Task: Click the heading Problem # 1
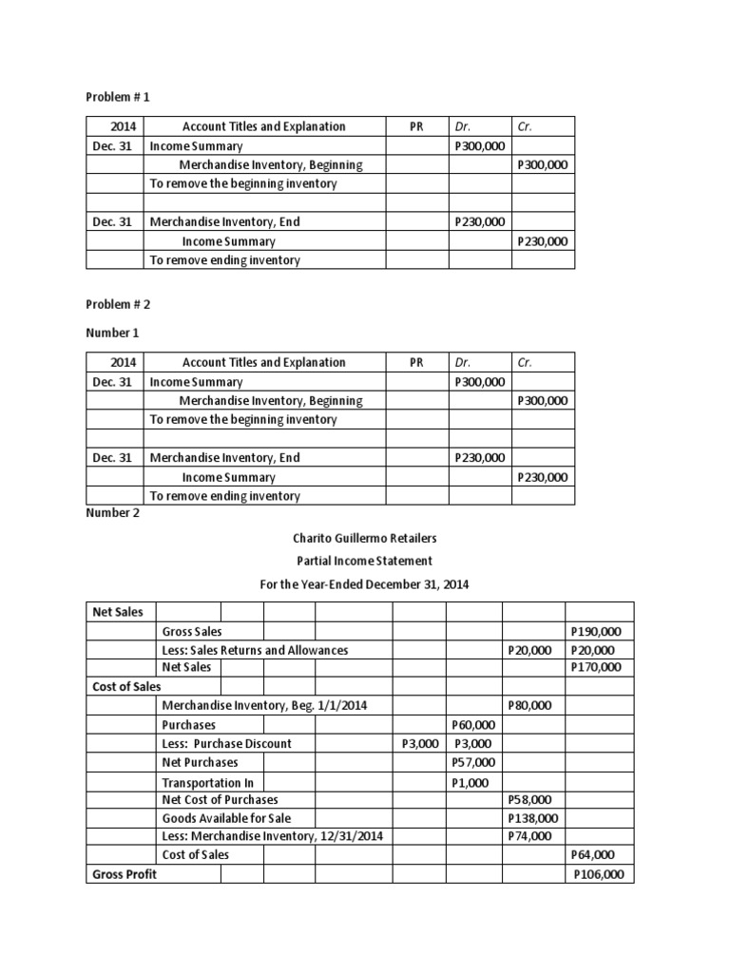tap(118, 97)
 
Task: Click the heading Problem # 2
tap(118, 304)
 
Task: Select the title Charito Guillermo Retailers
tap(365, 538)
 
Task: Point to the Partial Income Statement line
tap(365, 562)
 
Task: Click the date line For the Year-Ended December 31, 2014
tap(365, 584)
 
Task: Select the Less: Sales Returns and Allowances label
tap(255, 650)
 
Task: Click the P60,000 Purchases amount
tap(473, 725)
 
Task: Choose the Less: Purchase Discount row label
tap(227, 743)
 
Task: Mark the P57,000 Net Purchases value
tap(473, 762)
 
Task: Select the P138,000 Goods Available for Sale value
tap(533, 818)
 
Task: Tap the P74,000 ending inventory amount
tap(529, 836)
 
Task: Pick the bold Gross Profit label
tap(125, 874)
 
